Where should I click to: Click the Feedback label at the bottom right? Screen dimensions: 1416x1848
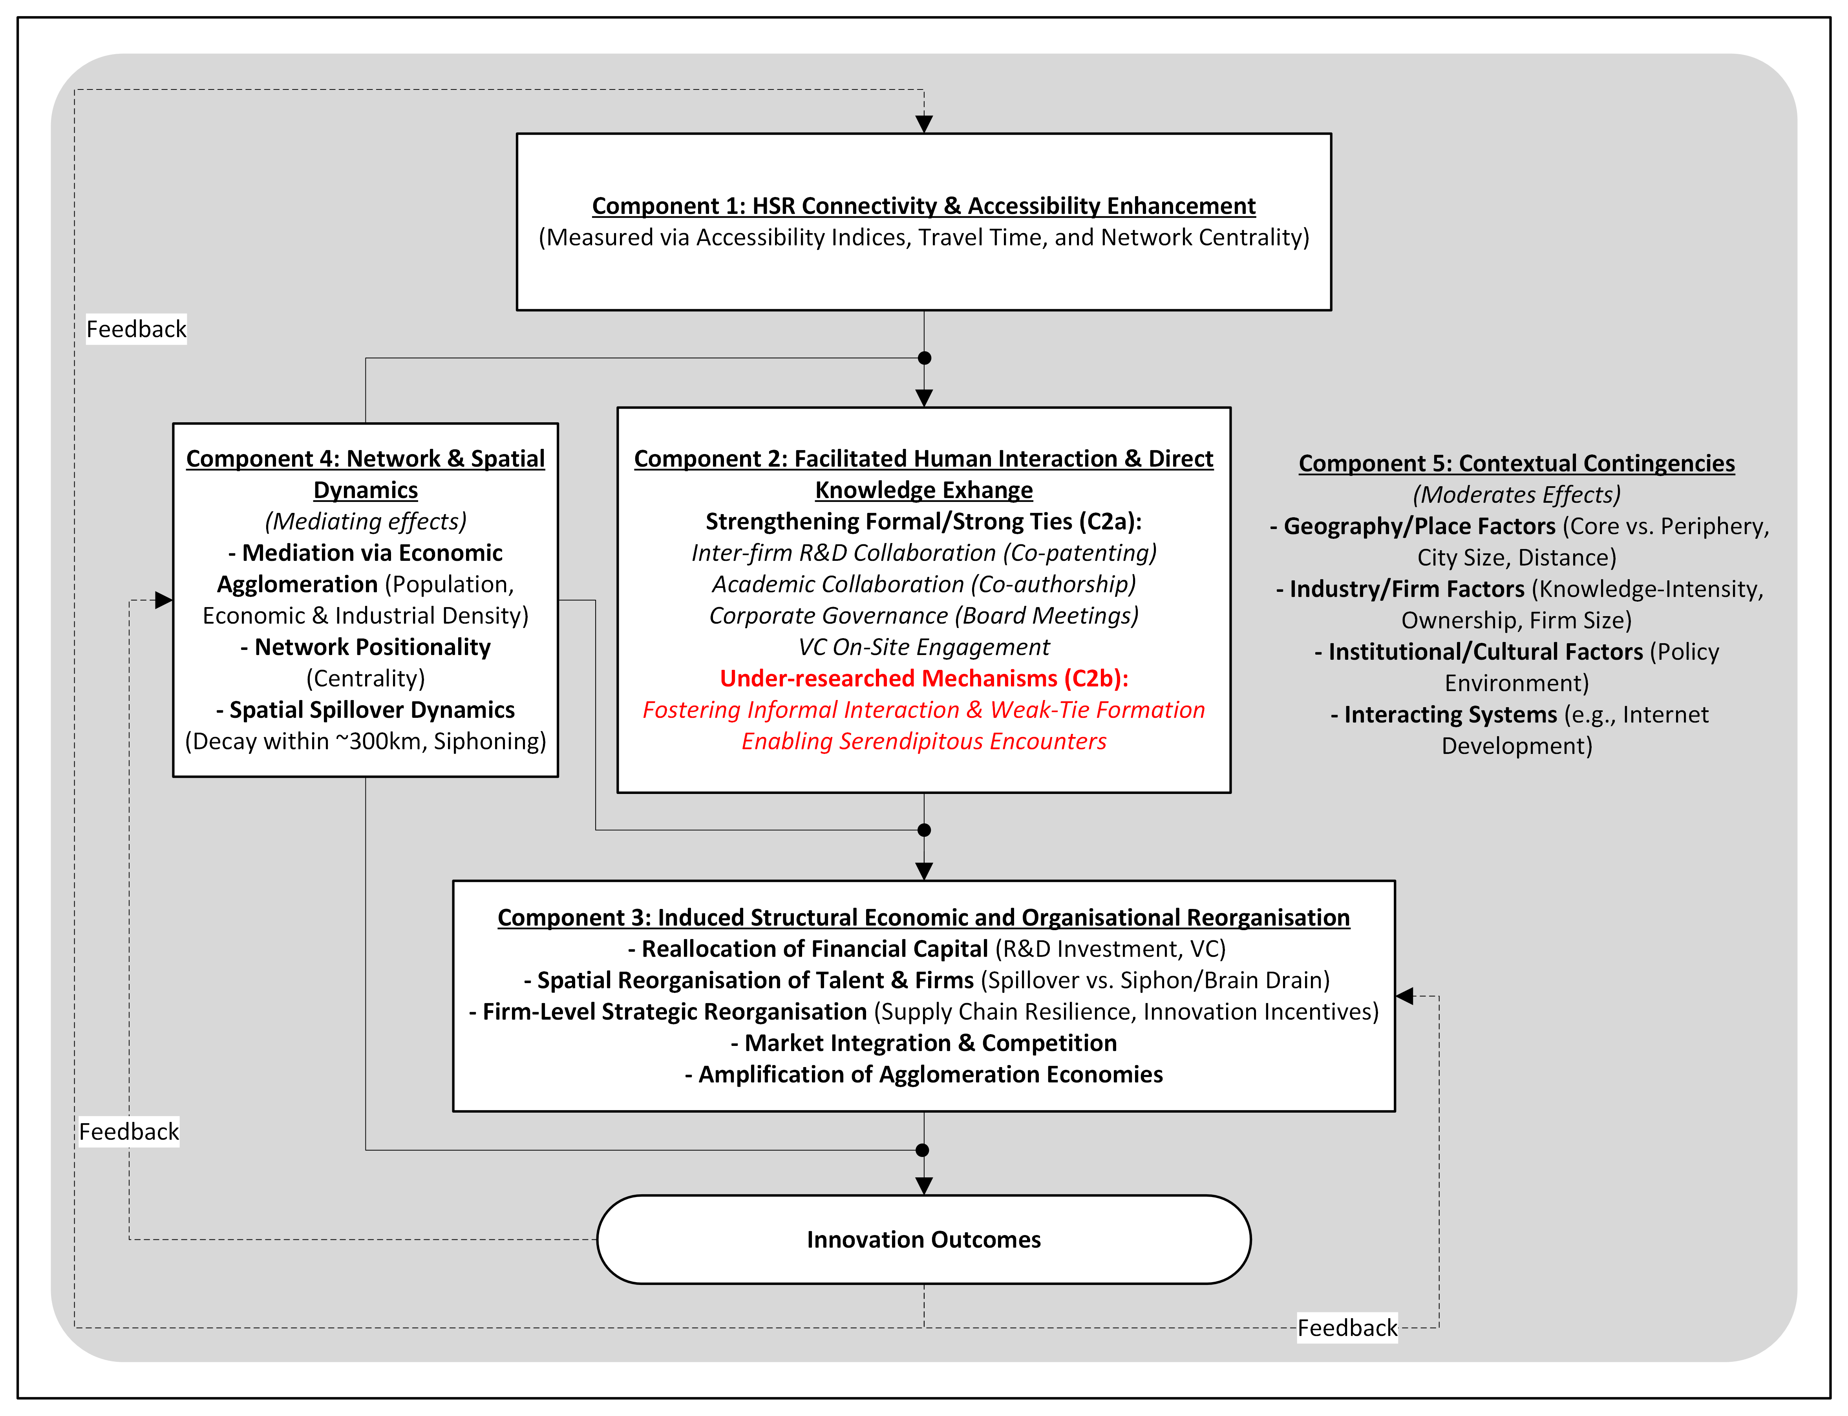(1346, 1327)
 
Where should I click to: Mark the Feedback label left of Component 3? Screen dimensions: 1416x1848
(129, 1131)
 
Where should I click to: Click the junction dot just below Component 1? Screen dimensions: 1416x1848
(924, 358)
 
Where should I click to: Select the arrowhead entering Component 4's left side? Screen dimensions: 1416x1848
(164, 600)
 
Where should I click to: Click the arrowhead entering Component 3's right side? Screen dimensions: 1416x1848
(1404, 996)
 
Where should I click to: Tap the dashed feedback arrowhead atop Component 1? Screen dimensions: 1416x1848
(924, 124)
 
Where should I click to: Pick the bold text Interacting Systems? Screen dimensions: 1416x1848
(1450, 714)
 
